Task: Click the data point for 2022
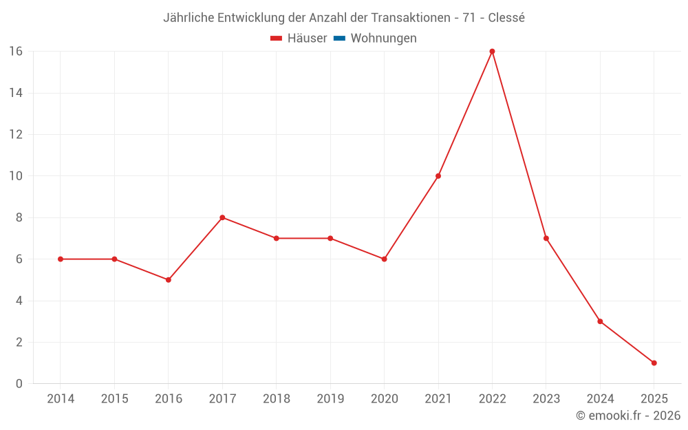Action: [492, 52]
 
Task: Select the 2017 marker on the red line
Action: [222, 217]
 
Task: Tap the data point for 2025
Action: [654, 363]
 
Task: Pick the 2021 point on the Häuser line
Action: [438, 176]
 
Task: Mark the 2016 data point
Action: [168, 280]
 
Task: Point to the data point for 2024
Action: [600, 321]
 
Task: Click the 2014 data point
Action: [61, 259]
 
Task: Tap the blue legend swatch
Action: [339, 39]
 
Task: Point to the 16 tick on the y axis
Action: [15, 52]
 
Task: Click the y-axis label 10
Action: [15, 176]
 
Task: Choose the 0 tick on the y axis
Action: [19, 384]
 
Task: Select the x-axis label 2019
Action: [330, 399]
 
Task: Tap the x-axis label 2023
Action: [546, 399]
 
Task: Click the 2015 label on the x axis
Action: [114, 399]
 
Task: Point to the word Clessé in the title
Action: [506, 18]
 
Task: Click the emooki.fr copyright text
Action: [628, 416]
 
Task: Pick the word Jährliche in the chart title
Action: [188, 18]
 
